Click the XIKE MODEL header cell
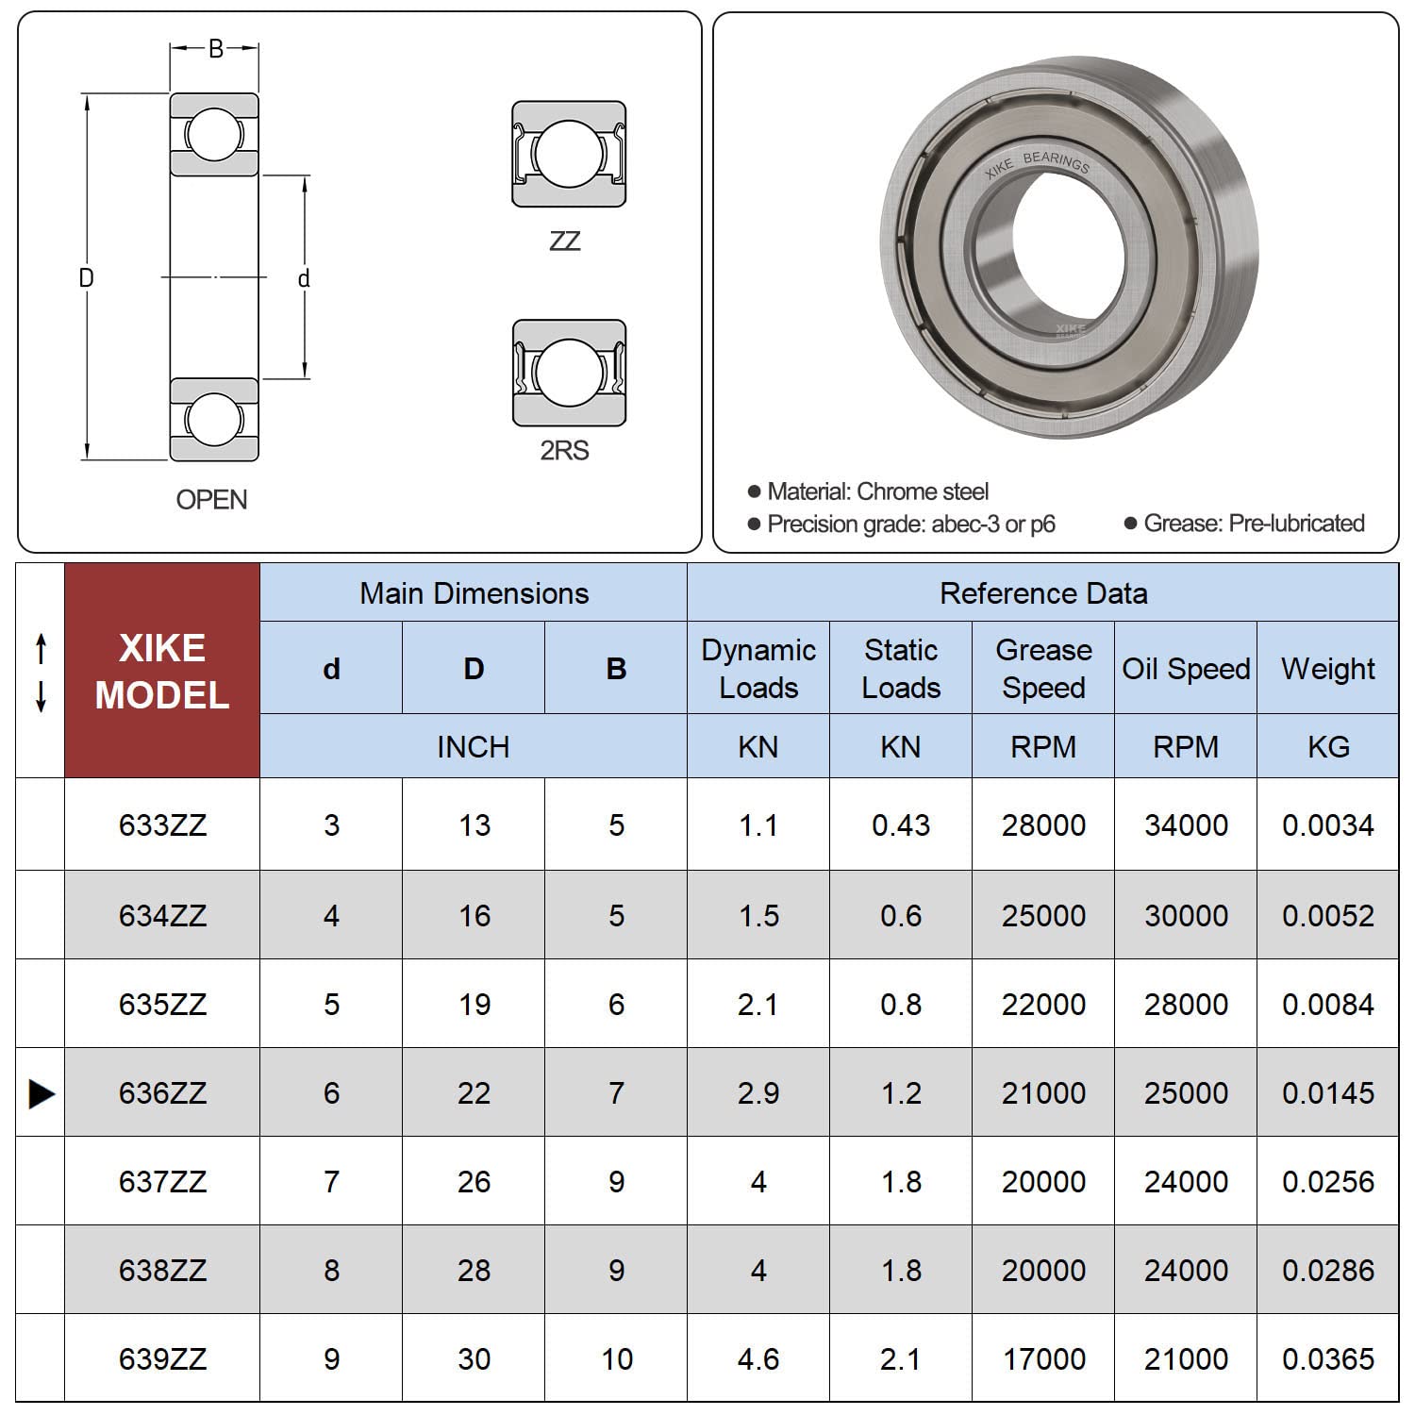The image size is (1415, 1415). (x=162, y=671)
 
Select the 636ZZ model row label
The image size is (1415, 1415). (x=162, y=1092)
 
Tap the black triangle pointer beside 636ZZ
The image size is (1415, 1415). (x=42, y=1093)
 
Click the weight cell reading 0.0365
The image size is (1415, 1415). (x=1327, y=1358)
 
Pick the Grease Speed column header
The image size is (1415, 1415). (x=1043, y=668)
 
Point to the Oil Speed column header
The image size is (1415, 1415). (x=1186, y=668)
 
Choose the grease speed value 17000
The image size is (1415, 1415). (x=1043, y=1358)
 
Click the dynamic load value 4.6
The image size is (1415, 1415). (x=758, y=1358)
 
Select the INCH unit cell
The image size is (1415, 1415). (x=474, y=746)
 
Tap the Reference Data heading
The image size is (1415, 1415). (x=1043, y=592)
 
